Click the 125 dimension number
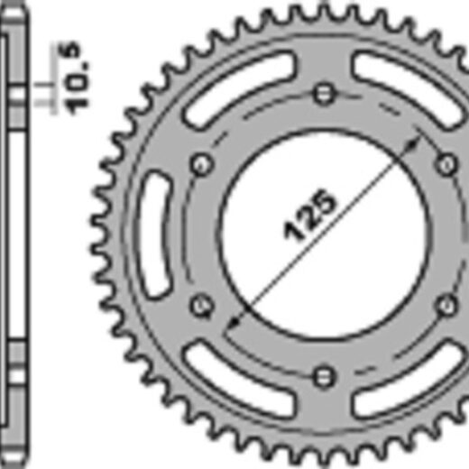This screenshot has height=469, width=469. [308, 215]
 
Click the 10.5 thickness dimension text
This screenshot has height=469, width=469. [73, 78]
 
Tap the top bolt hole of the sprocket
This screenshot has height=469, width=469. [324, 94]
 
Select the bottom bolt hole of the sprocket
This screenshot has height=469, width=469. [324, 376]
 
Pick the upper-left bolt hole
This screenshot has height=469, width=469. [202, 165]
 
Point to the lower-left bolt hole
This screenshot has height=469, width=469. [202, 306]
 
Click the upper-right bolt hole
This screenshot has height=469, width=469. [446, 165]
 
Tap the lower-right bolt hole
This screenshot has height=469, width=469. [446, 306]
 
